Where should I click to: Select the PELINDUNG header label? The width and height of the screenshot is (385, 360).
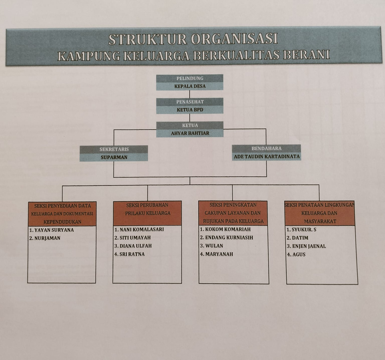[x=190, y=78]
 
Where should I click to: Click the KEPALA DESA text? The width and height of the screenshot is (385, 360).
[x=190, y=86]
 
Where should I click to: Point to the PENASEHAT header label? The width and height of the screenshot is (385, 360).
[x=190, y=102]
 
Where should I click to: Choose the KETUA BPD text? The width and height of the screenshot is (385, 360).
[x=190, y=110]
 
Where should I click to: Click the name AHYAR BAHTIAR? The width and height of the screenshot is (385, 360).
[x=190, y=133]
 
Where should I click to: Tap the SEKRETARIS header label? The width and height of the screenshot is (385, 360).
[x=114, y=149]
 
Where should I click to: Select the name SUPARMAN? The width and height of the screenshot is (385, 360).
[x=114, y=157]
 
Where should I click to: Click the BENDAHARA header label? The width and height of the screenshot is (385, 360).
[x=267, y=148]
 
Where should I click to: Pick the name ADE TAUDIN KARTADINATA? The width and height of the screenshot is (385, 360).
[x=267, y=156]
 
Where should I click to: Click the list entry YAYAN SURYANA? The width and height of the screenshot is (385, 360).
[x=52, y=230]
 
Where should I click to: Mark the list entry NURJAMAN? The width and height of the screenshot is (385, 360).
[x=45, y=238]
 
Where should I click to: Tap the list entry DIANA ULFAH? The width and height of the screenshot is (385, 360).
[x=133, y=246]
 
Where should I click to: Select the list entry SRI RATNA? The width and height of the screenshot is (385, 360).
[x=130, y=254]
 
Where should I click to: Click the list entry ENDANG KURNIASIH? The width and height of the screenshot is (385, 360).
[x=227, y=238]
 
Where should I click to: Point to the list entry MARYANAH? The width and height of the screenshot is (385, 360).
[x=217, y=254]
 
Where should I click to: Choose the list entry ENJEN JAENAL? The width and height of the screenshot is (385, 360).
[x=306, y=246]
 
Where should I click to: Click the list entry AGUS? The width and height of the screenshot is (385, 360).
[x=296, y=254]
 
